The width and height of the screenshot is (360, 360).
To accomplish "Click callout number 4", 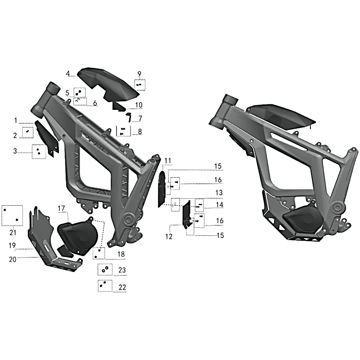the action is point(68,74).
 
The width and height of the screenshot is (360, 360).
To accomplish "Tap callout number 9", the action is point(139,74).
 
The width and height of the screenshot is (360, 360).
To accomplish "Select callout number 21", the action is point(13,233).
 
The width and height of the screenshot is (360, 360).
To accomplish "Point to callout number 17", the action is point(61,208).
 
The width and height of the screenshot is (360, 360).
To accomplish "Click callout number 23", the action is point(122,270).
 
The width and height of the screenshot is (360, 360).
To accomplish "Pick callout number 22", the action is point(122,287).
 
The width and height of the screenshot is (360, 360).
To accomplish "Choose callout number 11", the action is point(168,161).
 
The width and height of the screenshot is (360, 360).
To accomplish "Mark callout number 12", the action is point(169,236).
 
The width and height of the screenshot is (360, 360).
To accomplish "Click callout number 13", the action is point(219,193).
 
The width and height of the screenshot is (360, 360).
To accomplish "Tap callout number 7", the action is point(140,118).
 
